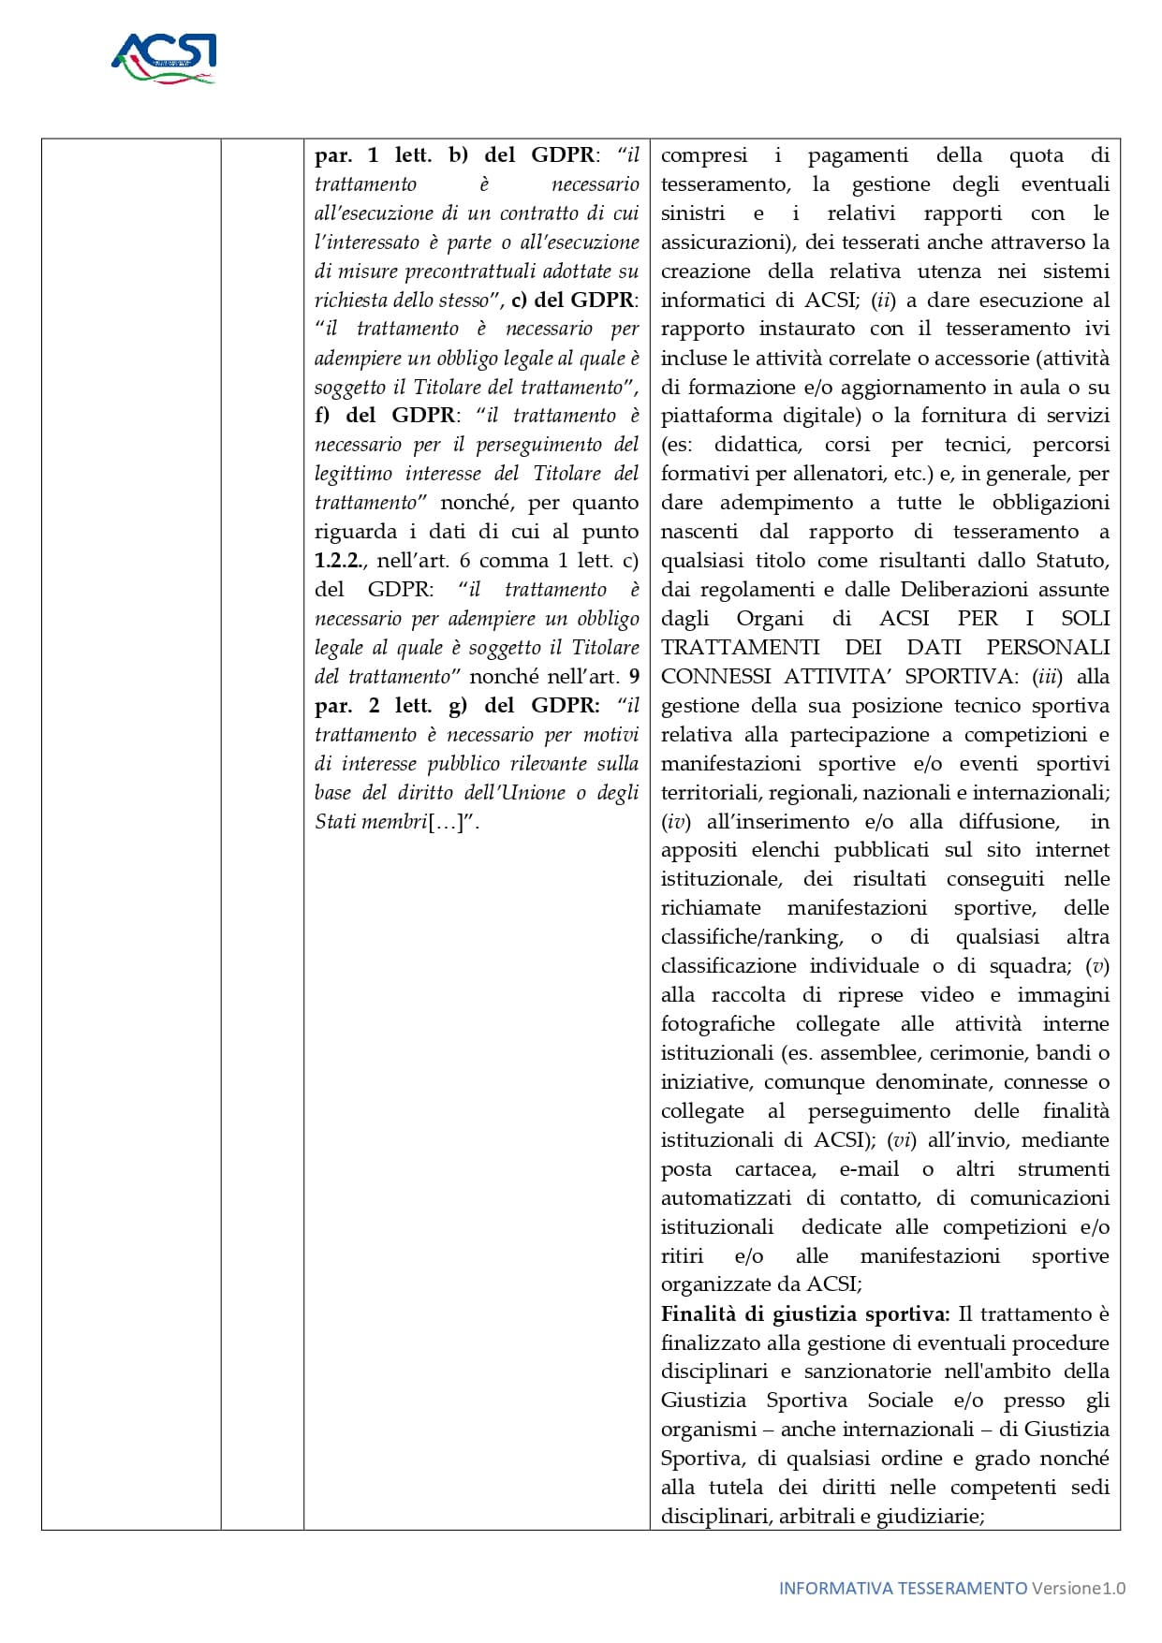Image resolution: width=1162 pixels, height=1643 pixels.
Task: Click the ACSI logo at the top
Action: [164, 58]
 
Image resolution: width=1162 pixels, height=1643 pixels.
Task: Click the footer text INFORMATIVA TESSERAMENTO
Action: [903, 1588]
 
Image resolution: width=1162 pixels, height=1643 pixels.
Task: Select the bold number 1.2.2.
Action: [340, 561]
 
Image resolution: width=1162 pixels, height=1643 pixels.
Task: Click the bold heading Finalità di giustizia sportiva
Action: [805, 1314]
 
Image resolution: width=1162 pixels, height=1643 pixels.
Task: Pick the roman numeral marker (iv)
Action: [676, 822]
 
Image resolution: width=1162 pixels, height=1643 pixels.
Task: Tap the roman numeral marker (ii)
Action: [883, 301]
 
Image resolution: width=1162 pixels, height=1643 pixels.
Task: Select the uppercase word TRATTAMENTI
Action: [740, 648]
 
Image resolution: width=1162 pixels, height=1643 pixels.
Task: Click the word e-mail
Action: [869, 1169]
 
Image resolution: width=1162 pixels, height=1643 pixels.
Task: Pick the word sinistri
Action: [693, 213]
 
